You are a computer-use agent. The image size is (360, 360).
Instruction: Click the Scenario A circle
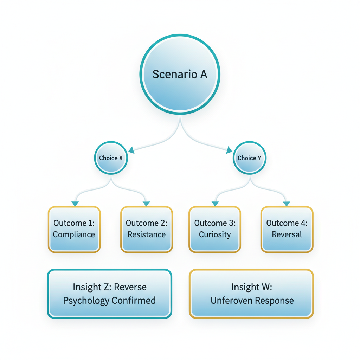pyautogui.click(x=180, y=74)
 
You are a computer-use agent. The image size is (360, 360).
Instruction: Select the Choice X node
pyautogui.click(x=111, y=158)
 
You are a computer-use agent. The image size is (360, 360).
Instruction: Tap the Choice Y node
pyautogui.click(x=249, y=158)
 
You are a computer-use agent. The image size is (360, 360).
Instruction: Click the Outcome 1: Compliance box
pyautogui.click(x=74, y=229)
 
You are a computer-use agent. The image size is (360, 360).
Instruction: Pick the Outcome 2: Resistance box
pyautogui.click(x=146, y=229)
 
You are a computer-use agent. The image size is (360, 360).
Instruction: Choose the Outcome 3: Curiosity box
pyautogui.click(x=214, y=229)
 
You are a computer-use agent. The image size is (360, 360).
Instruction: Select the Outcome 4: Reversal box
pyautogui.click(x=287, y=229)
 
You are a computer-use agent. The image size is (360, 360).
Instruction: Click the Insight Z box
pyautogui.click(x=109, y=294)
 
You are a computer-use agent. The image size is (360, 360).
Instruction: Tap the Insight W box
pyautogui.click(x=251, y=294)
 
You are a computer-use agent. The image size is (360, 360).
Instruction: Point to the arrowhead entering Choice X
pyautogui.click(x=131, y=151)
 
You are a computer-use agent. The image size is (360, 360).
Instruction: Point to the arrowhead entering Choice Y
pyautogui.click(x=229, y=151)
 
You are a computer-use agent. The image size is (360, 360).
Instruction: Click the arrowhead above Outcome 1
pyautogui.click(x=75, y=204)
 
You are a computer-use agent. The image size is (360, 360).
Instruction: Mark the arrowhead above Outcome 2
pyautogui.click(x=147, y=204)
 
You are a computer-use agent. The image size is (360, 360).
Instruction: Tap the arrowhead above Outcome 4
pyautogui.click(x=287, y=204)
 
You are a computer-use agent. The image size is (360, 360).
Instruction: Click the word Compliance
pyautogui.click(x=74, y=234)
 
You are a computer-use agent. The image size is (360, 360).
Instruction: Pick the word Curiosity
pyautogui.click(x=214, y=234)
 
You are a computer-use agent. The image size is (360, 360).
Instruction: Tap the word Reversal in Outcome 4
pyautogui.click(x=287, y=234)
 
